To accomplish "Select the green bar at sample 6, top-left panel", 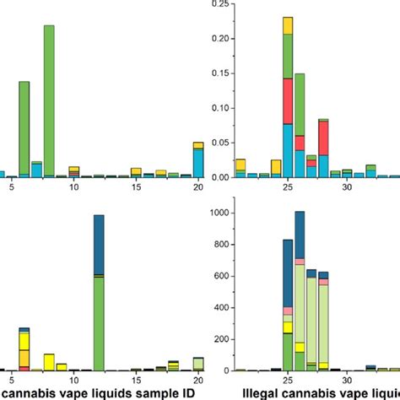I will [24, 127].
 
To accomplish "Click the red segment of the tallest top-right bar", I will [288, 101].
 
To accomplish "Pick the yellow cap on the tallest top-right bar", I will [288, 24].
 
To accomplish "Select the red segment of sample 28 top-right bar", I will [324, 137].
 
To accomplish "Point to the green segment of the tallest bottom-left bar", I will [99, 321].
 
